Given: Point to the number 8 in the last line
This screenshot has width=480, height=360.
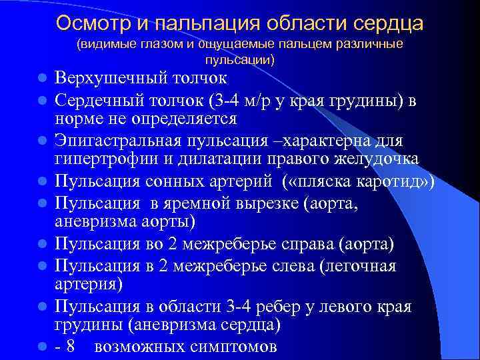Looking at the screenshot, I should (71, 347).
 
